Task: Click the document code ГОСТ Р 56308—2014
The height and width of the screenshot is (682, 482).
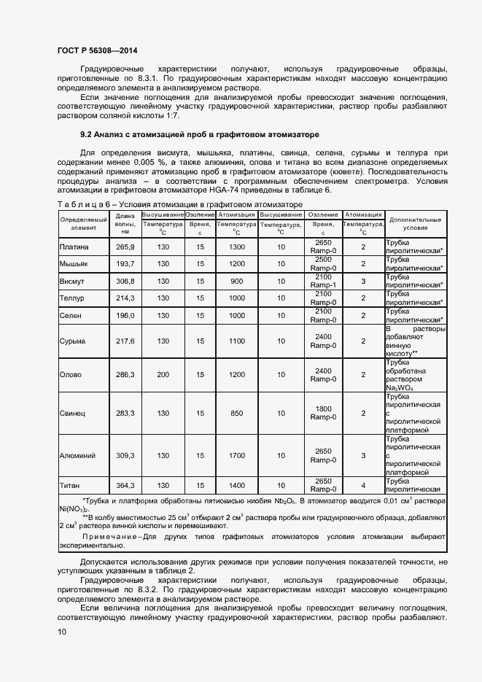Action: point(97,50)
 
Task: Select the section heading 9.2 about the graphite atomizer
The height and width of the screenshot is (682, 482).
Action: point(199,135)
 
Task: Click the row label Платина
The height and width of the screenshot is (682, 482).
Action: point(74,247)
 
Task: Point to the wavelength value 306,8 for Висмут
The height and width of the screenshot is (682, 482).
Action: point(125,281)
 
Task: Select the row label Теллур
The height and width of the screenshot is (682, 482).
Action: point(72,298)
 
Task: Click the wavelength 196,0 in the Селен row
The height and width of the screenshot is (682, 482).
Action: point(125,315)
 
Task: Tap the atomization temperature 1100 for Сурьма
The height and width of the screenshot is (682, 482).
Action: point(236,341)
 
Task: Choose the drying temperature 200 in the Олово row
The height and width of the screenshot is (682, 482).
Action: point(163,374)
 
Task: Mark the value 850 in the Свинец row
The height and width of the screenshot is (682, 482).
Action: point(236,413)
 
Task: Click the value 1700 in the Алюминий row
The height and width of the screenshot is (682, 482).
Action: point(236,455)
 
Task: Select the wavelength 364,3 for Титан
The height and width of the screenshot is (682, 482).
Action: point(125,485)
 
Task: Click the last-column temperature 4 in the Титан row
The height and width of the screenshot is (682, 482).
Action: point(363,485)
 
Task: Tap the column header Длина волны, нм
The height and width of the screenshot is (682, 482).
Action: point(125,223)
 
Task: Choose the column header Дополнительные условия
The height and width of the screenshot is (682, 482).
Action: point(415,223)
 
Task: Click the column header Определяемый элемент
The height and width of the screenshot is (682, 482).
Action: point(83,223)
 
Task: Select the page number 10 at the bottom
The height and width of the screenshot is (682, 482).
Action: point(62,632)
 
